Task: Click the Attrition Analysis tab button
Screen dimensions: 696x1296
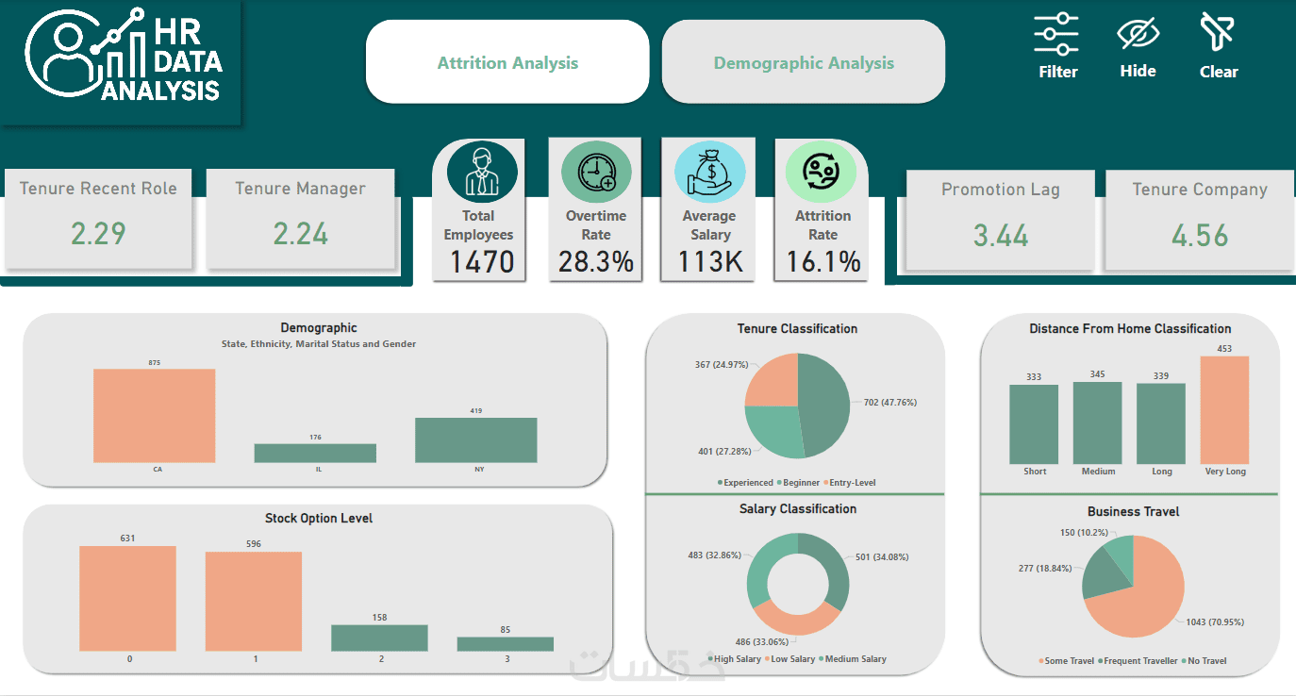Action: coord(507,63)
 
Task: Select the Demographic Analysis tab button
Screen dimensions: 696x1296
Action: coord(804,63)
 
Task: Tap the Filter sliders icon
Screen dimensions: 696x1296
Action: coord(1056,35)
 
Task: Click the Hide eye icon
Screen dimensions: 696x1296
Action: coord(1138,35)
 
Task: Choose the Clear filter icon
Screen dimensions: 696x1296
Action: coord(1217,33)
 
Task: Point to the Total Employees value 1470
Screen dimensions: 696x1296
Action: coord(481,261)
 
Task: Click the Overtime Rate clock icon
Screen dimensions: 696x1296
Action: coord(596,173)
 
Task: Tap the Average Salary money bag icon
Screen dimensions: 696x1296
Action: coord(709,173)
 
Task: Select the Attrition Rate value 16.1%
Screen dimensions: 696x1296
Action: coord(822,261)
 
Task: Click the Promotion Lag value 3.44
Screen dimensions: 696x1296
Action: coord(1000,235)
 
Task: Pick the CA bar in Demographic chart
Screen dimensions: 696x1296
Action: coord(155,415)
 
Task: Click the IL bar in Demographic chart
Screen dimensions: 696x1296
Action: coord(315,453)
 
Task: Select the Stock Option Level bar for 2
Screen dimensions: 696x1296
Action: coord(379,638)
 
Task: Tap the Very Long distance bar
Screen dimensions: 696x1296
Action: coord(1224,409)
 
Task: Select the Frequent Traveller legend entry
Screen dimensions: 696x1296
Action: coord(1138,661)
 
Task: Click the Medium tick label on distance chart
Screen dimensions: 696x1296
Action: coord(1098,472)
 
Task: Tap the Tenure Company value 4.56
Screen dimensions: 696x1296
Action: coord(1200,235)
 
